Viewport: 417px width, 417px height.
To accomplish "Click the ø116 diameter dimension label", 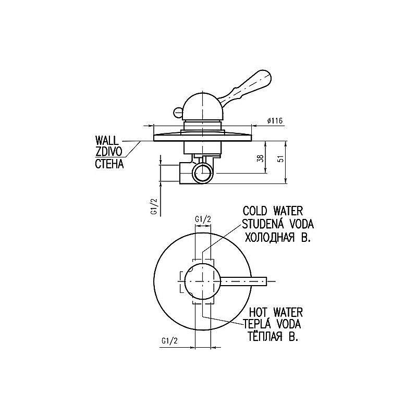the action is (275, 121).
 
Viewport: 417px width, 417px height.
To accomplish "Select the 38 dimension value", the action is (261, 158).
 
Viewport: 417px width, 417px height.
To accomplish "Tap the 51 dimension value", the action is (281, 157).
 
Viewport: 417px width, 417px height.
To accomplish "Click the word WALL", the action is (106, 140).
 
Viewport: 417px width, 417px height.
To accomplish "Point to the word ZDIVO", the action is (109, 152).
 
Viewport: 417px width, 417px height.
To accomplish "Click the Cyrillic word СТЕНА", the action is (109, 164).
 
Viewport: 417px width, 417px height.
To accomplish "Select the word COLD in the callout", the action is (254, 211).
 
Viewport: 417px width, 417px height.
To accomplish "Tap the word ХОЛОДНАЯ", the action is (269, 237).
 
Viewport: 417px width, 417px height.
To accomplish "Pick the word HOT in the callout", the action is (258, 312).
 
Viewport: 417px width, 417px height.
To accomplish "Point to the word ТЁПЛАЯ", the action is (265, 336).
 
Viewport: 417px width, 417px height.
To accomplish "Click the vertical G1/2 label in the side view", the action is (154, 206).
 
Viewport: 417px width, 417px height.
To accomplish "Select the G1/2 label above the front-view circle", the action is (203, 219).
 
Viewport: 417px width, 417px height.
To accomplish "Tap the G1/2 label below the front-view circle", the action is (169, 341).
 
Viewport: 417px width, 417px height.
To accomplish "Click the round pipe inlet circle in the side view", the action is (203, 174).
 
